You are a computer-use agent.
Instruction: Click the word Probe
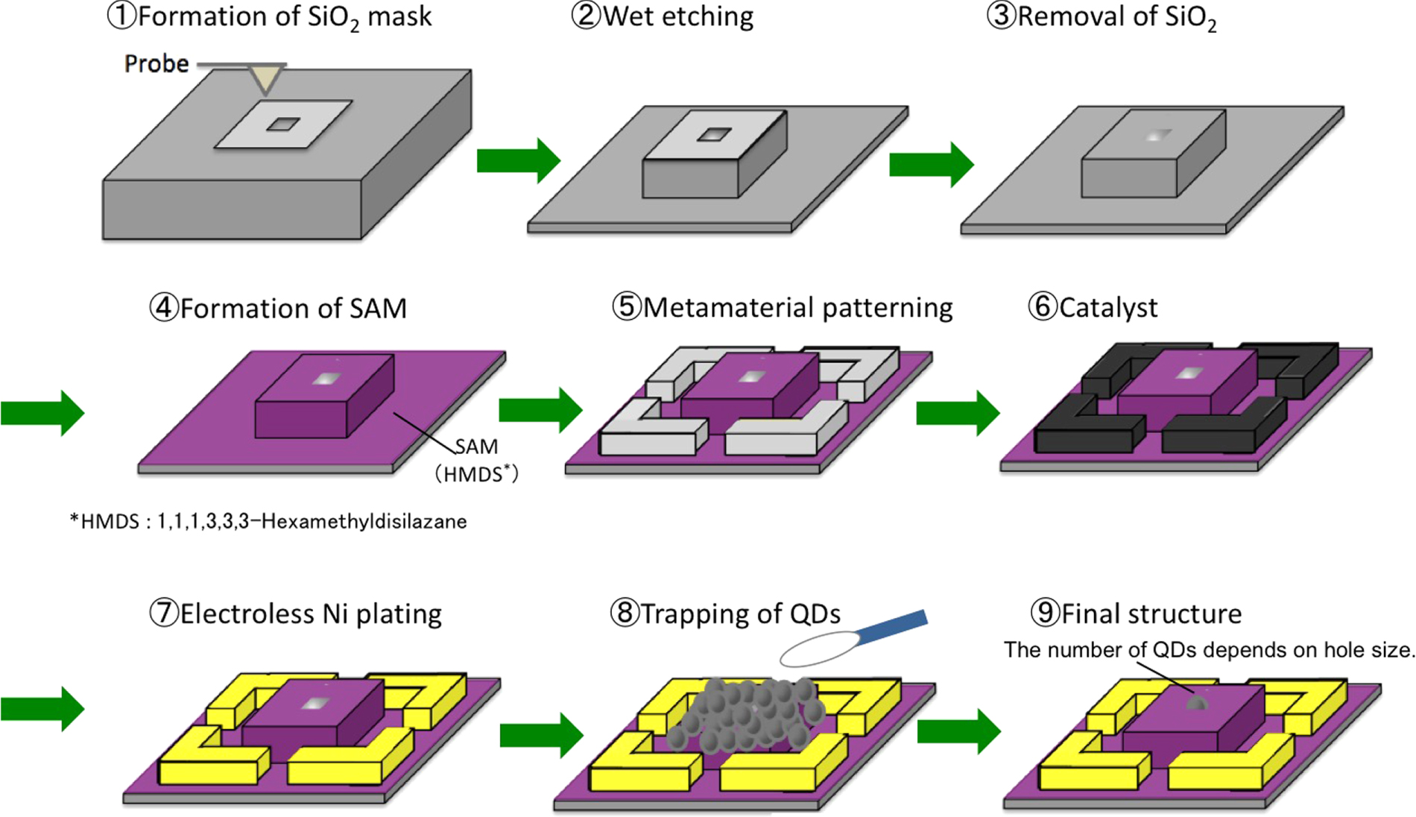click(157, 64)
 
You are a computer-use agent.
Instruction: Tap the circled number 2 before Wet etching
click(586, 16)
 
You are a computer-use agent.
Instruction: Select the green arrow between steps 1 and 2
click(518, 160)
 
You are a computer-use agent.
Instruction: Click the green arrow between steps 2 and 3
click(932, 164)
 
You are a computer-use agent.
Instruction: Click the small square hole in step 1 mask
click(283, 124)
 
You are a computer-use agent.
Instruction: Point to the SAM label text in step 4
click(476, 447)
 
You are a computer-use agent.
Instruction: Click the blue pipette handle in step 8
click(891, 627)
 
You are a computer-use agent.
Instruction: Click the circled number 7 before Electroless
click(163, 613)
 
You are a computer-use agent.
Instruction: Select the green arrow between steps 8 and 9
click(958, 731)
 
